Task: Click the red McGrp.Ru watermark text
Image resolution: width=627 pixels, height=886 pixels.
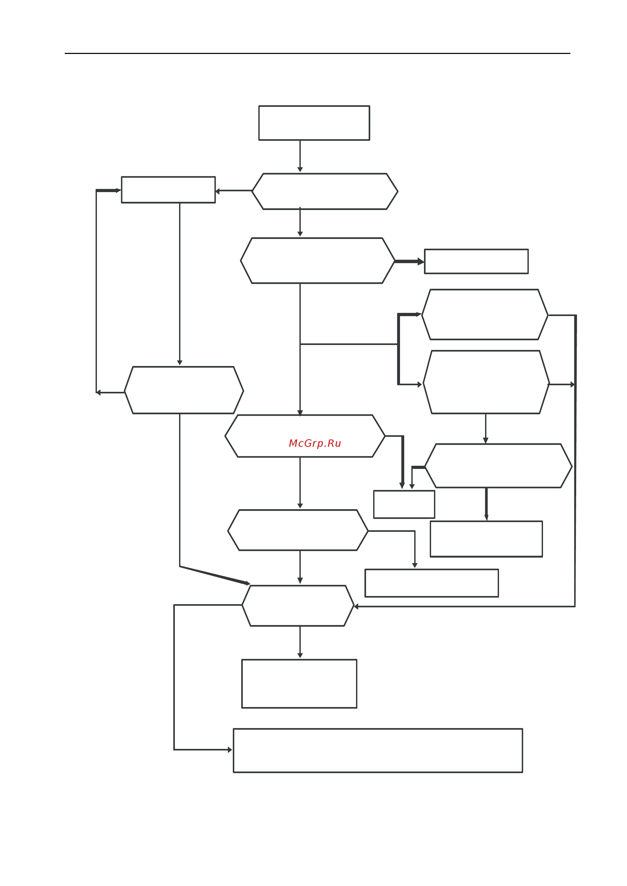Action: pos(315,443)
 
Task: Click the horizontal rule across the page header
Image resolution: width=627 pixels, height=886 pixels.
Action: pos(317,53)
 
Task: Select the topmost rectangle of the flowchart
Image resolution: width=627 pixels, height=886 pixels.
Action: pos(314,123)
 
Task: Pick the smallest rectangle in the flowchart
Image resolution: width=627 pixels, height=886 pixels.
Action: pos(404,504)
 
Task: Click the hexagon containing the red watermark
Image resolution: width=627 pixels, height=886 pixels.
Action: pos(305,436)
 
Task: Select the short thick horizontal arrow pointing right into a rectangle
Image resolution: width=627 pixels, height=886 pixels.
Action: pos(409,262)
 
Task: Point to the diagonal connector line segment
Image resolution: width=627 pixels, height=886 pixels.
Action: pos(215,575)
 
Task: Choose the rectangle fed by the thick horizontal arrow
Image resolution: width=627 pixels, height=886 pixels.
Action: pos(476,261)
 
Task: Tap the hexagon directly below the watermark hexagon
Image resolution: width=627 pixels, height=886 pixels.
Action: pos(298,530)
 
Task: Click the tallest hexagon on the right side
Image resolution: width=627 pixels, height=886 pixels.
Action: pos(486,382)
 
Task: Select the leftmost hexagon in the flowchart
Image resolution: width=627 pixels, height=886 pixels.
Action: pos(184,390)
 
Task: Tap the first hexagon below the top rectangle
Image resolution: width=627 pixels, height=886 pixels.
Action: pos(325,191)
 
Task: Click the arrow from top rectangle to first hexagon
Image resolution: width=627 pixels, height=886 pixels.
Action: pos(300,156)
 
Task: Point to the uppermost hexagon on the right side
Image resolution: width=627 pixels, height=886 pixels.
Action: pos(485,314)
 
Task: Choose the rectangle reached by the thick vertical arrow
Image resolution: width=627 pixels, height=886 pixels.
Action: pos(486,539)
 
